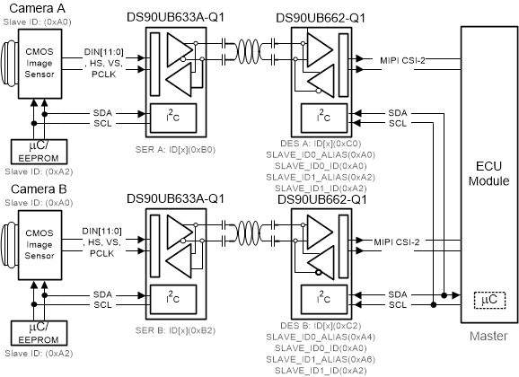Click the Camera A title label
coord(31,8)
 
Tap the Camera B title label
coord(31,190)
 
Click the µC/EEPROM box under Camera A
coord(33,149)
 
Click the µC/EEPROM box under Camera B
coord(33,332)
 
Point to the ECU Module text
coord(488,171)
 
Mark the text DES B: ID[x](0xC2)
coord(316,326)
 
